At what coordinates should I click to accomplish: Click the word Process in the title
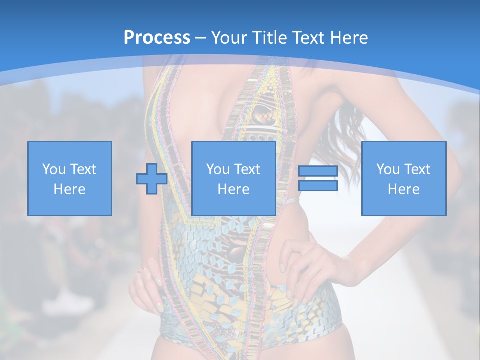click(157, 38)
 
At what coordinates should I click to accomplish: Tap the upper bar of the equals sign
click(318, 171)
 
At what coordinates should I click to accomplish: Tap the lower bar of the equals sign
click(318, 186)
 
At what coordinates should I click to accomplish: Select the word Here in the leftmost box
click(69, 189)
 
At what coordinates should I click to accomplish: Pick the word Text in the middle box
click(247, 169)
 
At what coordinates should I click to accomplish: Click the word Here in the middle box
click(233, 189)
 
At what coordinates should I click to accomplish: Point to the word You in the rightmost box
click(388, 169)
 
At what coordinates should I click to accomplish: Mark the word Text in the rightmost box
click(417, 169)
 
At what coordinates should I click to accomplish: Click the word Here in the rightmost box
click(403, 189)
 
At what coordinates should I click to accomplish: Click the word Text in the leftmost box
click(83, 169)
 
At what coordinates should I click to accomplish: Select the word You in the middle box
click(218, 169)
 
